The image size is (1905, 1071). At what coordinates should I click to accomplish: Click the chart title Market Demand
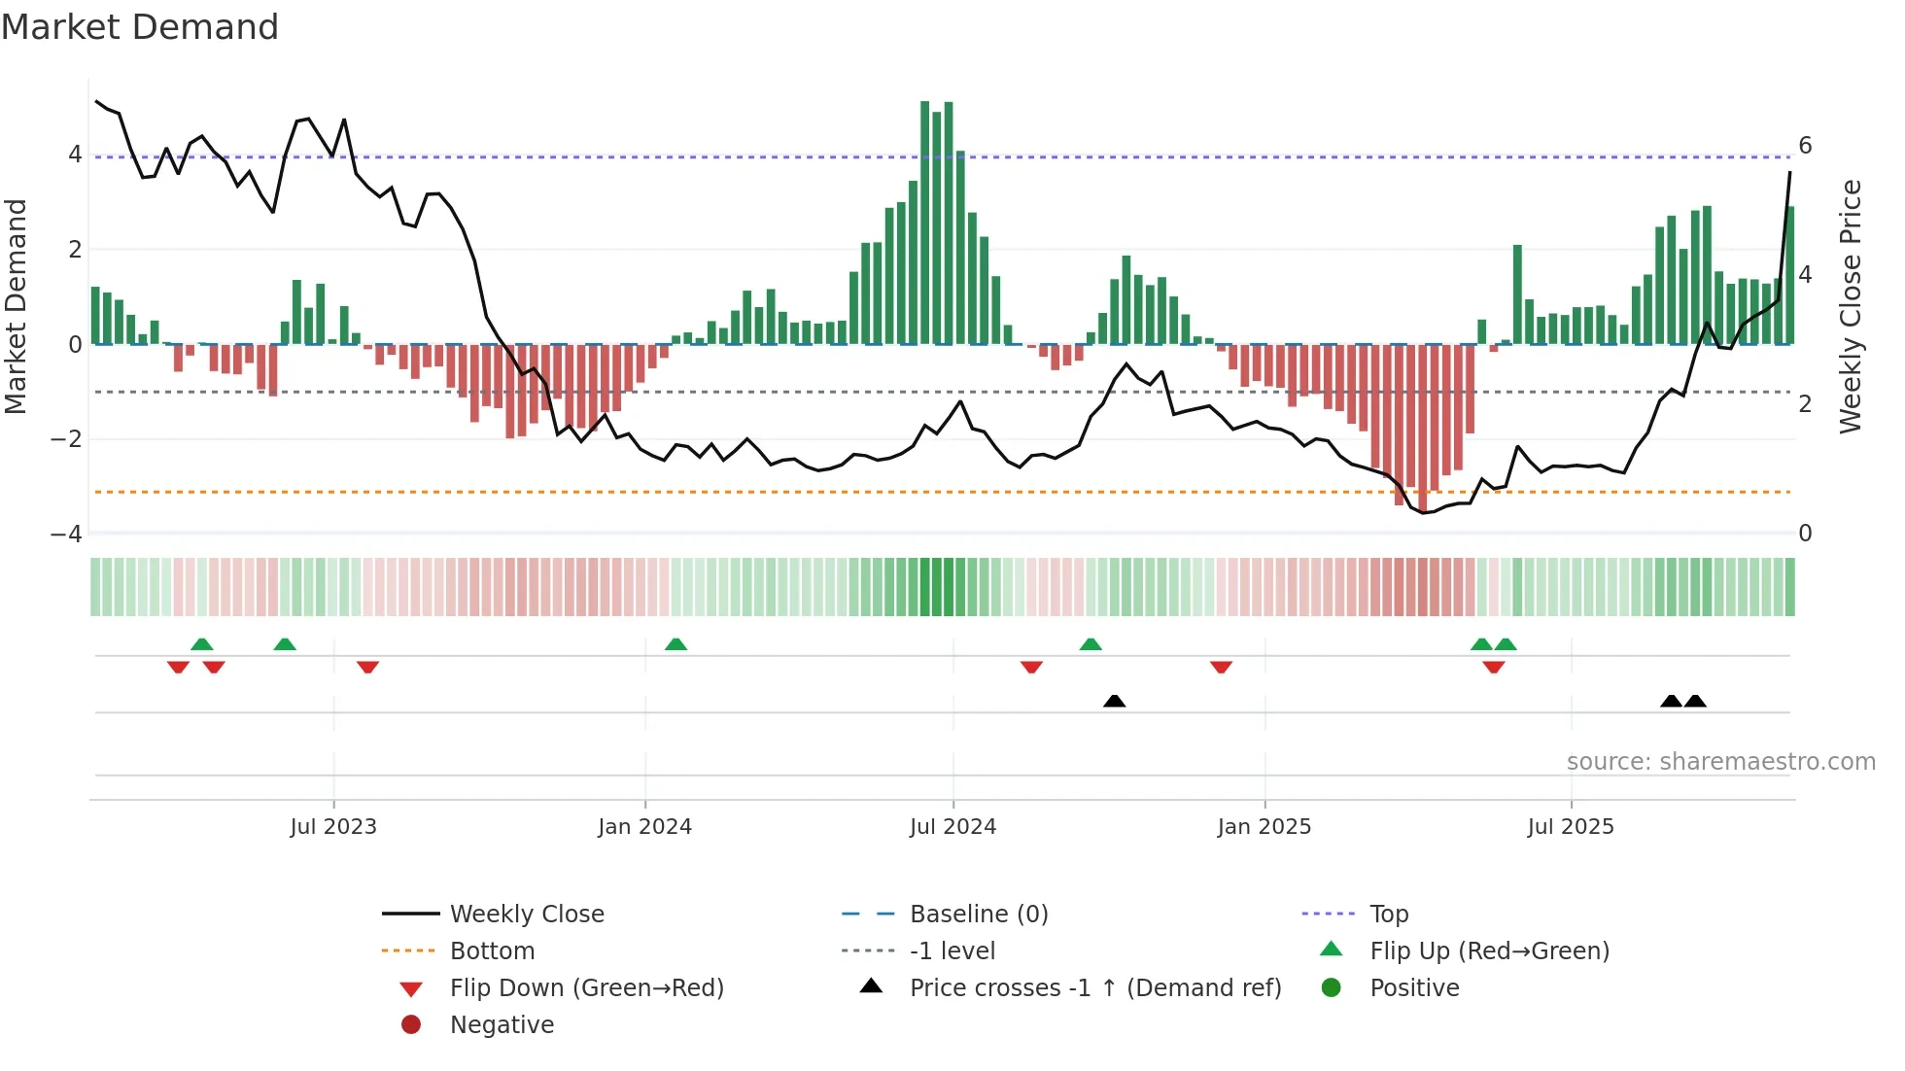(x=140, y=27)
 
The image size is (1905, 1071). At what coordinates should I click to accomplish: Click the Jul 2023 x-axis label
(x=332, y=827)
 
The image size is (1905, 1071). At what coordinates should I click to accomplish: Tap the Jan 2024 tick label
(x=644, y=827)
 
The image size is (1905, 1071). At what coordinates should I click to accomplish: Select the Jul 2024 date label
(x=952, y=827)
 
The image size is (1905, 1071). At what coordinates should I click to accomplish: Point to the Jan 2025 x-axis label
(x=1264, y=827)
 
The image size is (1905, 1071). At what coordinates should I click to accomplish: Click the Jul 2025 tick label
(x=1570, y=827)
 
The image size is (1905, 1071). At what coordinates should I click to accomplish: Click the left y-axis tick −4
(x=66, y=535)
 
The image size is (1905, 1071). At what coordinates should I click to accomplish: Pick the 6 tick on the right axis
(x=1805, y=146)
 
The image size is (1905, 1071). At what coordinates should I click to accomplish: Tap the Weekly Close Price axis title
(x=1851, y=306)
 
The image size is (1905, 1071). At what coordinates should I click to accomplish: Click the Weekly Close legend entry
(x=526, y=915)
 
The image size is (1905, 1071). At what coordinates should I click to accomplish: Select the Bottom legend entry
(x=492, y=951)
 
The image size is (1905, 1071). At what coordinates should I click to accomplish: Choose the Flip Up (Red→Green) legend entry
(x=1489, y=951)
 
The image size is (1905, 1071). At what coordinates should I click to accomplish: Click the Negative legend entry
(x=502, y=1025)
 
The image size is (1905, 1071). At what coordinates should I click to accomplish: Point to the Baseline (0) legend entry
(x=978, y=915)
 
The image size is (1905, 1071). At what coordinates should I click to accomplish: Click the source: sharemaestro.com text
(x=1720, y=762)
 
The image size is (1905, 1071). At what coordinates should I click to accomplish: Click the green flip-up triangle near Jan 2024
(x=675, y=644)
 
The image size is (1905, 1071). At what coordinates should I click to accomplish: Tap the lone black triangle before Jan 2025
(x=1115, y=701)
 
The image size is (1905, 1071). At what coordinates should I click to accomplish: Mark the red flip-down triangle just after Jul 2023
(x=367, y=667)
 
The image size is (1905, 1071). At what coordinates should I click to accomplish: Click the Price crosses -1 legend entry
(x=1094, y=988)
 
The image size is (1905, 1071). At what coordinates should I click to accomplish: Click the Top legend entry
(x=1388, y=915)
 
